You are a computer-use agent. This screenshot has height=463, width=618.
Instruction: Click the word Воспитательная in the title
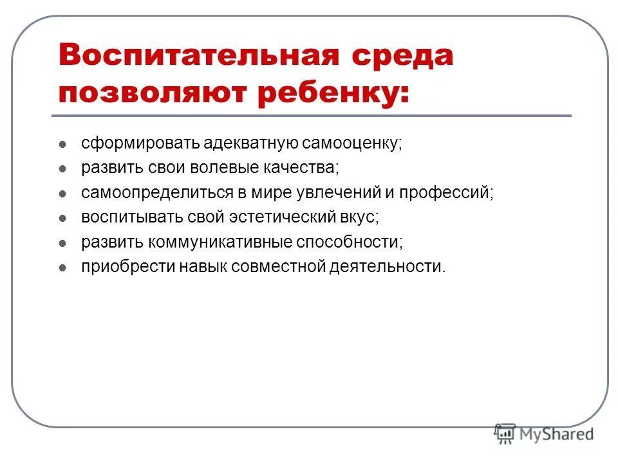click(x=198, y=56)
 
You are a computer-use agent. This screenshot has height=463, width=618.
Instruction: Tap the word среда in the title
click(x=398, y=56)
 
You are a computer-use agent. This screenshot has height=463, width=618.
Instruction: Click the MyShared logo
click(x=544, y=434)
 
